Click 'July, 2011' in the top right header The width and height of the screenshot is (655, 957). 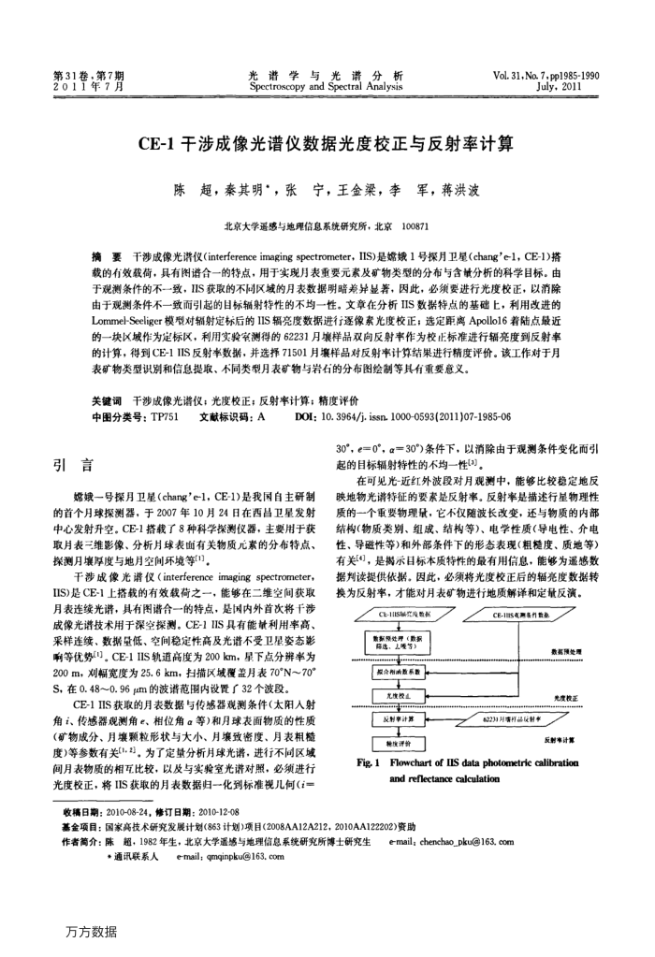click(575, 85)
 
